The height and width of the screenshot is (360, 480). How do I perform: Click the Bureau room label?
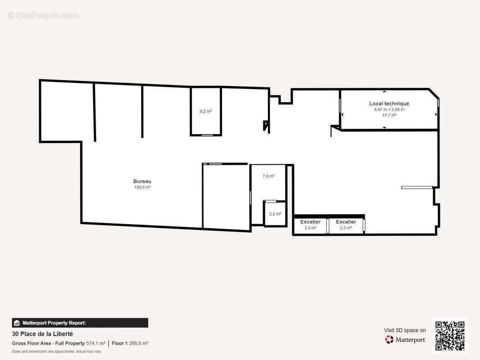tap(142, 181)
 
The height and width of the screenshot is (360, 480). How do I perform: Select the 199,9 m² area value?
tap(142, 187)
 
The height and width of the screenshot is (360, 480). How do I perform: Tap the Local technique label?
tap(389, 103)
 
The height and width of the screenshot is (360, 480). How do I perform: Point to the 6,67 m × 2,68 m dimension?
tap(389, 109)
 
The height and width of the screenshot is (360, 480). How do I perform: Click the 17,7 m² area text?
tap(389, 115)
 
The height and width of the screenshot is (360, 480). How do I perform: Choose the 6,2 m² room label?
tap(206, 111)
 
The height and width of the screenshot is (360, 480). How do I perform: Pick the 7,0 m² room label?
tap(268, 176)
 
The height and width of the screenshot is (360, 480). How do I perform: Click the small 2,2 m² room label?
tap(275, 214)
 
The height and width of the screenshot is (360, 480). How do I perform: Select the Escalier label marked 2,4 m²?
tap(310, 222)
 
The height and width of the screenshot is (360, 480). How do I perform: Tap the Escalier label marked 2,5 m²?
tap(346, 222)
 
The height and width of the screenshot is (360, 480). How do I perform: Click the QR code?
tap(450, 336)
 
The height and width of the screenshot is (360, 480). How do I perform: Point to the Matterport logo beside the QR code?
tap(405, 340)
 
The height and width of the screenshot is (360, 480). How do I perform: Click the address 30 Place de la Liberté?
tap(42, 334)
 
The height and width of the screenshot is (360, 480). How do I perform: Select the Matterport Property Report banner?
tap(80, 323)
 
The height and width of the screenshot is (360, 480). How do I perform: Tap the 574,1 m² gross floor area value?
tap(95, 343)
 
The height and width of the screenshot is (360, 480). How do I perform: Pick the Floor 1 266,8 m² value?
tap(130, 343)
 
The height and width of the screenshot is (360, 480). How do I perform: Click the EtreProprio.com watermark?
tap(43, 16)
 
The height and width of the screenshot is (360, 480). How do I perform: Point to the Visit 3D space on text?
tap(405, 330)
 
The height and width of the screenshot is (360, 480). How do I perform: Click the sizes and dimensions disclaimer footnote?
tap(56, 351)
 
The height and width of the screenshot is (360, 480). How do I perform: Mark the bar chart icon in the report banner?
tap(17, 323)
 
